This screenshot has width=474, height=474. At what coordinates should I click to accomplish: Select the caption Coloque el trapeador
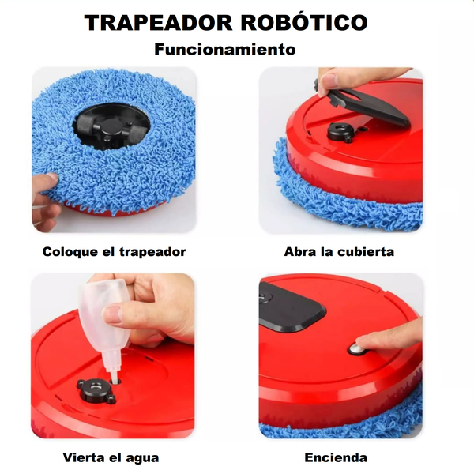click(x=115, y=252)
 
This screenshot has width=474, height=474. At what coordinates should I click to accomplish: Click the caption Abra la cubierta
click(x=339, y=252)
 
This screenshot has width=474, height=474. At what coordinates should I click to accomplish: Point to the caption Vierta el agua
click(x=111, y=457)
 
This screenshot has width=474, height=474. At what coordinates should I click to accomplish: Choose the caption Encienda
click(x=336, y=457)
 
